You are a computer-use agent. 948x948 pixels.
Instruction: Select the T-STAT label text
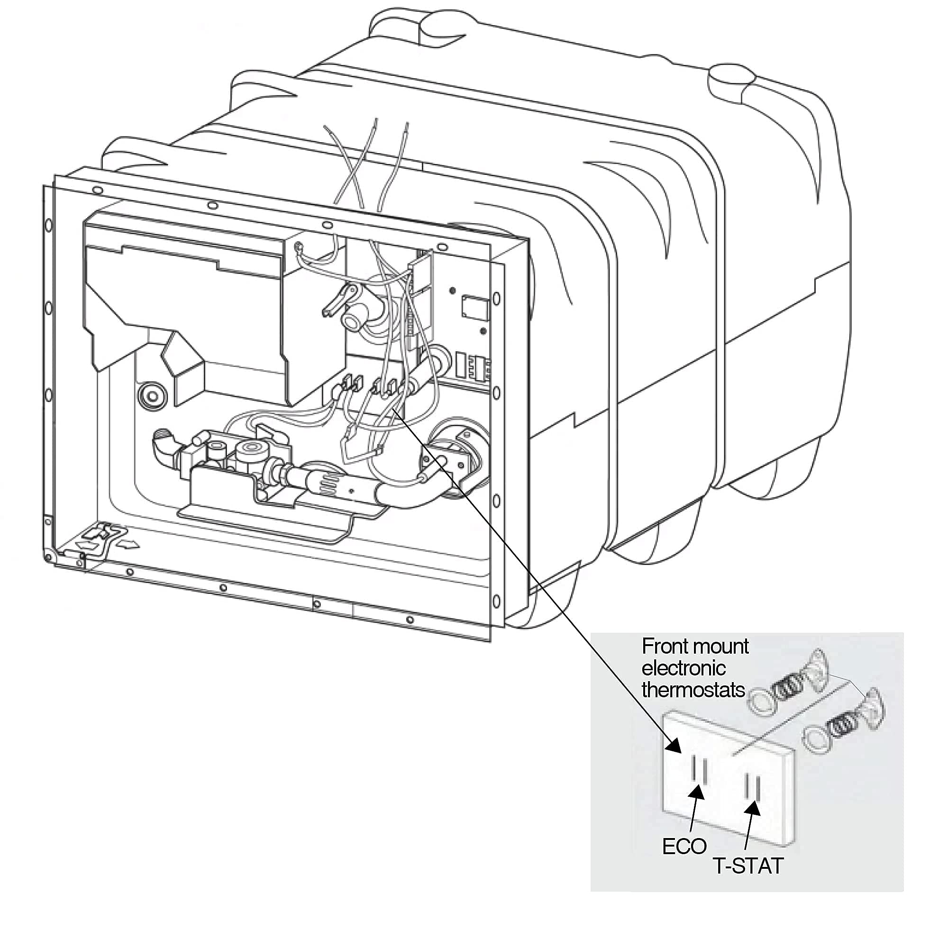pyautogui.click(x=748, y=866)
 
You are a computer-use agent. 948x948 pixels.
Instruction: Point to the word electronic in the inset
pyautogui.click(x=683, y=668)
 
